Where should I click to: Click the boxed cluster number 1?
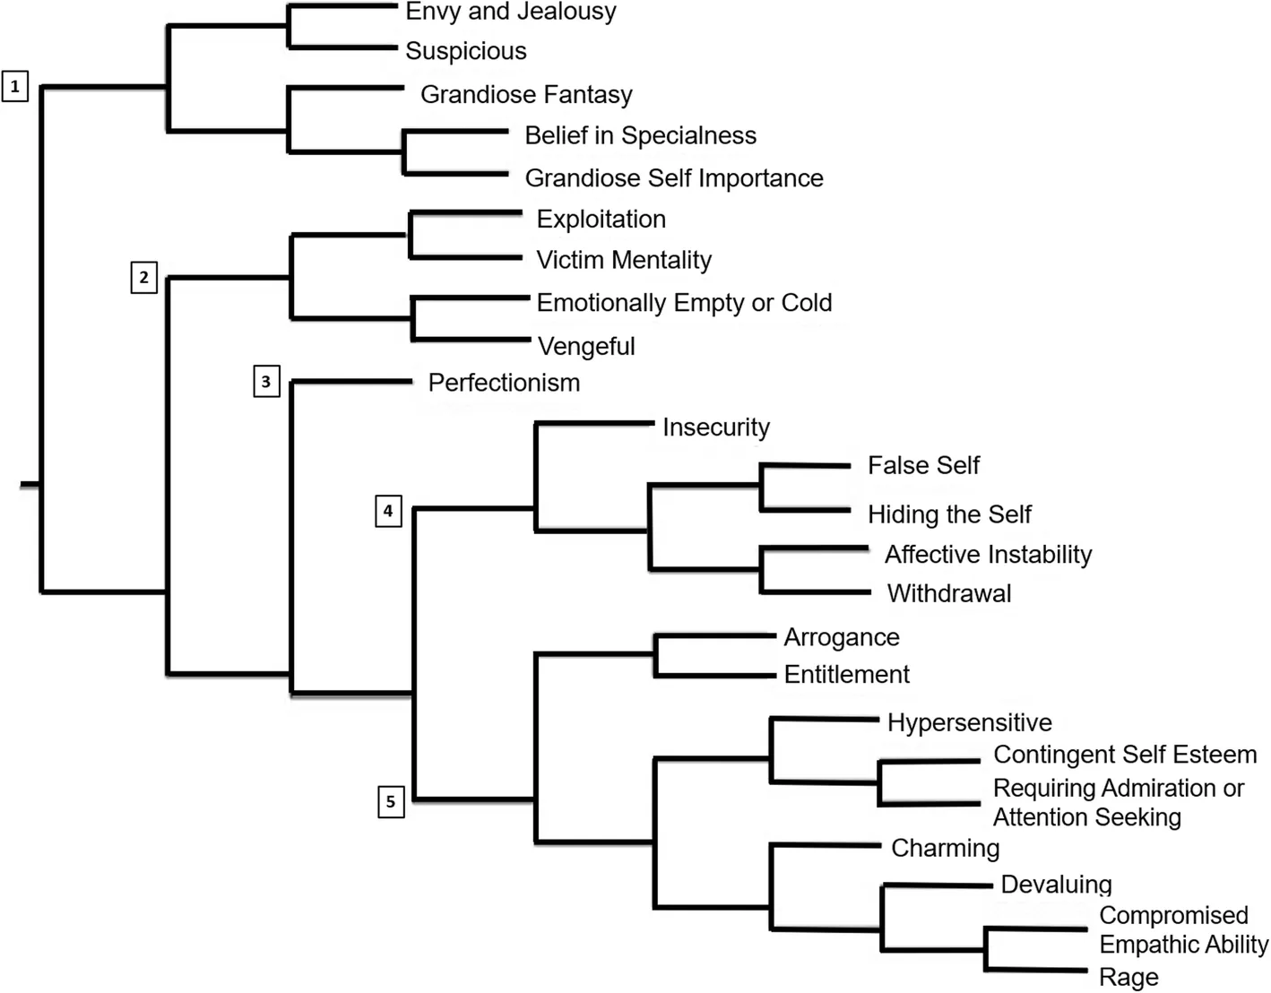pyautogui.click(x=15, y=86)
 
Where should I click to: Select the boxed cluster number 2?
pyautogui.click(x=143, y=277)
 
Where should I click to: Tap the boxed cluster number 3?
pyautogui.click(x=266, y=382)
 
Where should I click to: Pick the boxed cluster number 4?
pyautogui.click(x=388, y=511)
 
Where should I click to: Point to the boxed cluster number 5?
pyautogui.click(x=391, y=801)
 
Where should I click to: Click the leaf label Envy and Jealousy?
pyautogui.click(x=510, y=12)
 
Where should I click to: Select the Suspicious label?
pyautogui.click(x=465, y=51)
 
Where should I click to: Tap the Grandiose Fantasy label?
pyautogui.click(x=526, y=94)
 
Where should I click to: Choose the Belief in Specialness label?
pyautogui.click(x=640, y=135)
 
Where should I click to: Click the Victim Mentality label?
pyautogui.click(x=624, y=260)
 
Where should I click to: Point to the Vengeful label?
pyautogui.click(x=585, y=346)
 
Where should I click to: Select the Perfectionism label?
pyautogui.click(x=504, y=383)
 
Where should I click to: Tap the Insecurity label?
pyautogui.click(x=715, y=427)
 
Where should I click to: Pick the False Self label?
pyautogui.click(x=923, y=465)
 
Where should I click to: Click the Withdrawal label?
pyautogui.click(x=948, y=593)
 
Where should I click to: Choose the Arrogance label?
pyautogui.click(x=841, y=637)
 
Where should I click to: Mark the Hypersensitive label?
pyautogui.click(x=969, y=722)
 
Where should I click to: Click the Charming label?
pyautogui.click(x=945, y=848)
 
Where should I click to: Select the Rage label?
pyautogui.click(x=1128, y=977)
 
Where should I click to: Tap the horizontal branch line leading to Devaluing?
pyautogui.click(x=937, y=885)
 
